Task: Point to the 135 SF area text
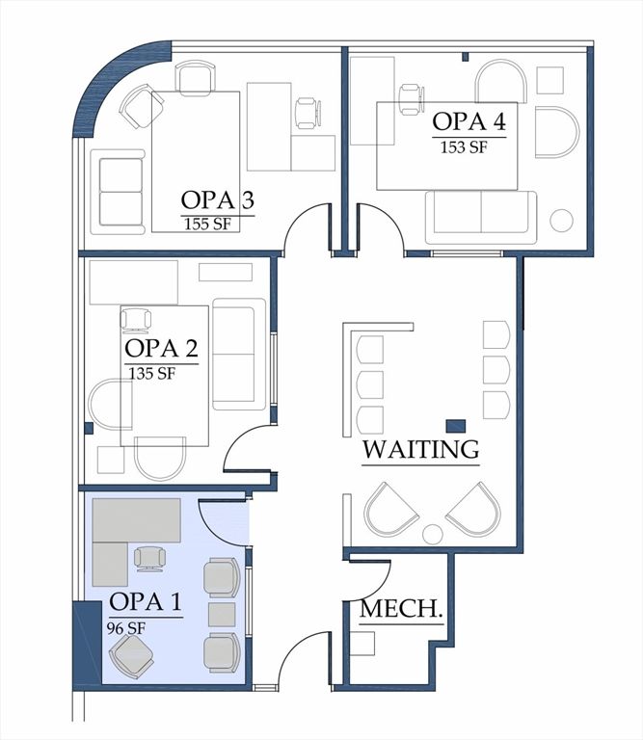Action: pos(151,373)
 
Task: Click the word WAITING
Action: pos(420,449)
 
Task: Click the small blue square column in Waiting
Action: pos(455,425)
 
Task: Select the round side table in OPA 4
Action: pos(561,221)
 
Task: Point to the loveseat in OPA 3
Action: pos(121,191)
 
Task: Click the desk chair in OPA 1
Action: pos(149,557)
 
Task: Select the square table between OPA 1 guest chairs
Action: pos(222,615)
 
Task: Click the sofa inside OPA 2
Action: pos(238,352)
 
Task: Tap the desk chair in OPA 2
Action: pos(136,319)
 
